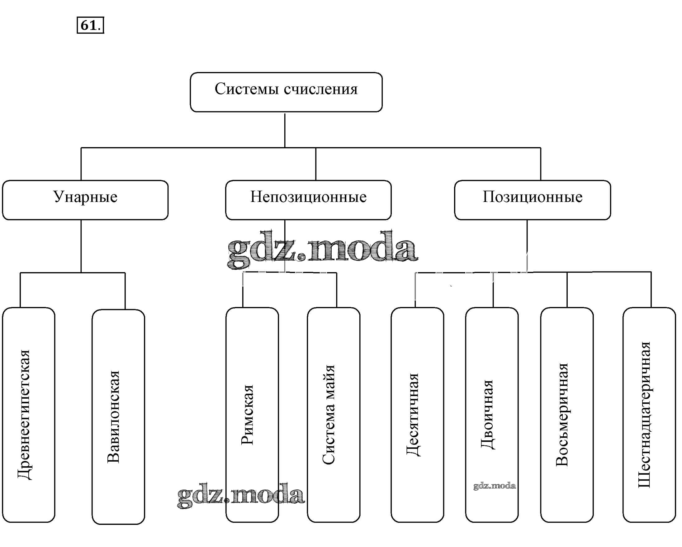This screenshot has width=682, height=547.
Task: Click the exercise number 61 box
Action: coord(90,25)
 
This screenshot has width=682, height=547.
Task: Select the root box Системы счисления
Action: coord(286,92)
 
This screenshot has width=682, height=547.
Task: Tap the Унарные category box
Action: coord(85,200)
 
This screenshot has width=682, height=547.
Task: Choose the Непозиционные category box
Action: coord(308,200)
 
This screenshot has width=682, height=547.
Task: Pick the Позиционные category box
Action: coord(533,200)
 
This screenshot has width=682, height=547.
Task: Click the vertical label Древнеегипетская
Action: coord(25,415)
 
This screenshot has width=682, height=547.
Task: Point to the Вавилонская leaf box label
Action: coord(114,417)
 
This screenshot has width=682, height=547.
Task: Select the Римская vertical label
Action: coord(247,415)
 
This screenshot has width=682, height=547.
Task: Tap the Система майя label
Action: coord(329,415)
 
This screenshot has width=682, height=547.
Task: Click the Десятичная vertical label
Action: coord(413,414)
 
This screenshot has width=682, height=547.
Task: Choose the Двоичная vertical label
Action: coord(488,414)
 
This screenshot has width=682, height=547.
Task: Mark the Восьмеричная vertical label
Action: coord(562,415)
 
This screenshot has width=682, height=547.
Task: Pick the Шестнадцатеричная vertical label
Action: coord(644,415)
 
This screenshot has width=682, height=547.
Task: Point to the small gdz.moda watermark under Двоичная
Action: coord(495,486)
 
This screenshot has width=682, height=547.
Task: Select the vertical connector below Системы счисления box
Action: coord(285,130)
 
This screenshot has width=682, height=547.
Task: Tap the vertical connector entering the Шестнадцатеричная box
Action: coord(651,289)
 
